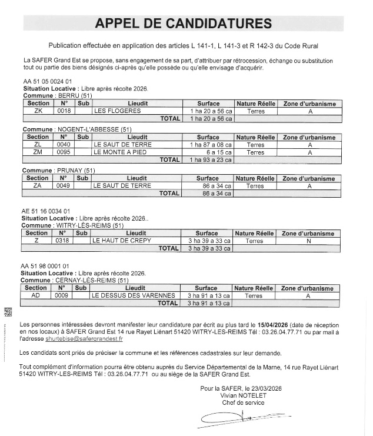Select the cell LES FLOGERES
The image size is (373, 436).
click(x=117, y=110)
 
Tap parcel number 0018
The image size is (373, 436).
click(x=64, y=110)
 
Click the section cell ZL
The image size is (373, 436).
click(x=38, y=144)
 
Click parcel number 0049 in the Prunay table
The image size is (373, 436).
click(x=64, y=185)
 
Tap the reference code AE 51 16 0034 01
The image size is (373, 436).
click(x=46, y=211)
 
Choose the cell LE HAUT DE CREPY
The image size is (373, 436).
click(x=121, y=240)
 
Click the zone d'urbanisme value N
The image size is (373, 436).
click(x=308, y=240)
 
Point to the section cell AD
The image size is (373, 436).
click(x=36, y=295)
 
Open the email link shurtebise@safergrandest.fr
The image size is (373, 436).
click(x=84, y=339)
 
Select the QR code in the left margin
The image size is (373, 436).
click(x=8, y=312)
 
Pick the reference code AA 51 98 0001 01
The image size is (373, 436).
click(x=46, y=267)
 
